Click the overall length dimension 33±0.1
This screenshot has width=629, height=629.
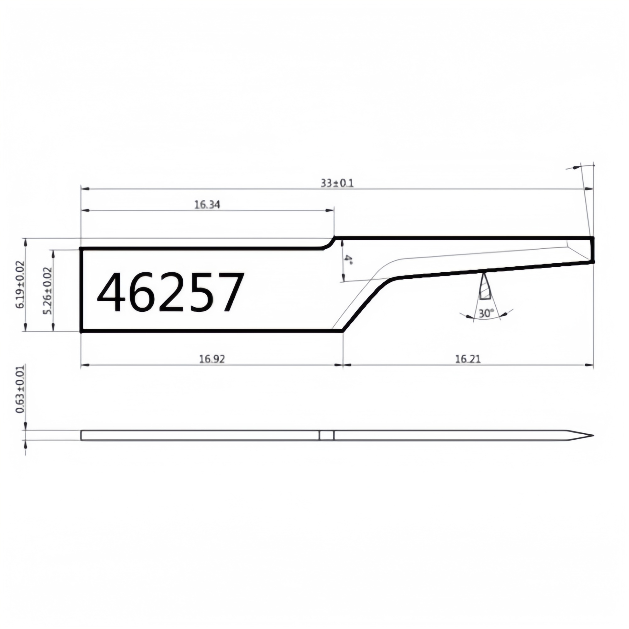pos(337,184)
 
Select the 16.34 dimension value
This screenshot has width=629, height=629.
pos(207,205)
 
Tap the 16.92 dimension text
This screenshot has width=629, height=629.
pos(212,359)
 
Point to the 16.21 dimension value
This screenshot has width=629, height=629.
pos(468,359)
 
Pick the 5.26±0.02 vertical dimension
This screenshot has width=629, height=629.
pos(47,290)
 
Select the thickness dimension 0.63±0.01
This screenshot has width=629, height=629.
pos(20,389)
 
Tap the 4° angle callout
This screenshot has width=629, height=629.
pos(349,259)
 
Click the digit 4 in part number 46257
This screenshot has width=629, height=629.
pos(111,292)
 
